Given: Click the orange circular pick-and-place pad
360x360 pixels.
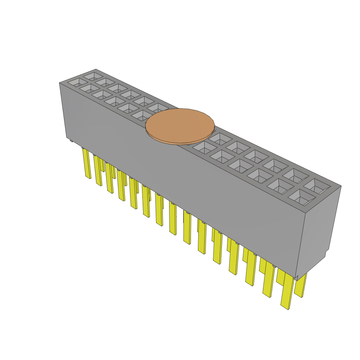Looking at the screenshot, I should point(180,125).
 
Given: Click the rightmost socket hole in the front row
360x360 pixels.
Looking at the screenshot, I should point(302,198).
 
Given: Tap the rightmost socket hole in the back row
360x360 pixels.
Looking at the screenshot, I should point(317,186).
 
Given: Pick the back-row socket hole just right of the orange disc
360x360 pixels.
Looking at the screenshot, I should point(219,139).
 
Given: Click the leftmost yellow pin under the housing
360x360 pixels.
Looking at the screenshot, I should point(86,163).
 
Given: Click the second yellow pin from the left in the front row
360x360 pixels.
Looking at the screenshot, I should point(98,171).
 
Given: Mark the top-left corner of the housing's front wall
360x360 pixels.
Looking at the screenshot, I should point(59,83).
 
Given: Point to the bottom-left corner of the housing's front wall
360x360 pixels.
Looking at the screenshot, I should point(67,137).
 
